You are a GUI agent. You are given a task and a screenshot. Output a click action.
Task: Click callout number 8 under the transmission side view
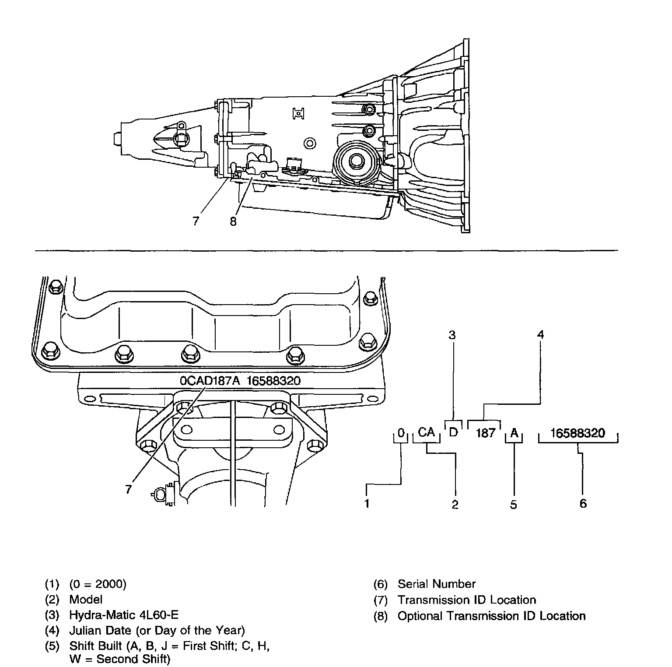[233, 222]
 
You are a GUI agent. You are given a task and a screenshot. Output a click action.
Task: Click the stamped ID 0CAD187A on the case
[210, 381]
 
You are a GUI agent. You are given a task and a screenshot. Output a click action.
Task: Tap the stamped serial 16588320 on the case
[273, 381]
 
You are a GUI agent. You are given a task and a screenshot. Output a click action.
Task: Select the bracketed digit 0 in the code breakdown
[401, 433]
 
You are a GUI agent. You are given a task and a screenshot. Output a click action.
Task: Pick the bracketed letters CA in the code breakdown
[426, 432]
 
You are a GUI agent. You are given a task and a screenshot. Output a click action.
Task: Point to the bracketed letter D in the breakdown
[453, 432]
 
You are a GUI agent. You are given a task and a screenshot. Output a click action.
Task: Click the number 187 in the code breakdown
[485, 433]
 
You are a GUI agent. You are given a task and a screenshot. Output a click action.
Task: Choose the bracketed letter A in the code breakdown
[514, 433]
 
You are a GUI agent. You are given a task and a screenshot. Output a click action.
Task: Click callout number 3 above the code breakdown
[452, 335]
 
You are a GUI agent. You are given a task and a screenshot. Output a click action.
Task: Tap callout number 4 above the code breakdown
[541, 335]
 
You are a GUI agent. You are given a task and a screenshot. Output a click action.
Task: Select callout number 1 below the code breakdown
[367, 504]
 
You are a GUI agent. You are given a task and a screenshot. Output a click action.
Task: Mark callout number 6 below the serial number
[583, 504]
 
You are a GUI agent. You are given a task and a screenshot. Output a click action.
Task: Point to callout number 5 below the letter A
[514, 505]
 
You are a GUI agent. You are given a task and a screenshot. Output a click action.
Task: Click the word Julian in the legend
[84, 631]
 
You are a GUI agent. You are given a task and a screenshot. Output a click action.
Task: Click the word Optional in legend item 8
[421, 616]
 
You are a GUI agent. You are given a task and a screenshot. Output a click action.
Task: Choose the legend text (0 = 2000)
[98, 584]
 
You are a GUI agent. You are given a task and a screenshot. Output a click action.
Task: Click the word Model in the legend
[86, 600]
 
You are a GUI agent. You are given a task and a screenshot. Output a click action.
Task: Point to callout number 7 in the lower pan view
[128, 489]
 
